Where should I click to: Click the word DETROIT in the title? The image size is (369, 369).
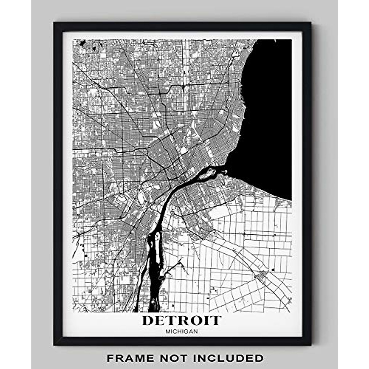pyautogui.click(x=181, y=320)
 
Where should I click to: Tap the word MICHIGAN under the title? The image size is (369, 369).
pyautogui.click(x=181, y=331)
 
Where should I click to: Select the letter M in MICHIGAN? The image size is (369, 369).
pyautogui.click(x=167, y=331)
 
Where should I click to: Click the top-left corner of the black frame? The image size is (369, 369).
pyautogui.click(x=54, y=23)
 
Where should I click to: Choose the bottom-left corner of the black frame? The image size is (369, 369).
pyautogui.click(x=54, y=345)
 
